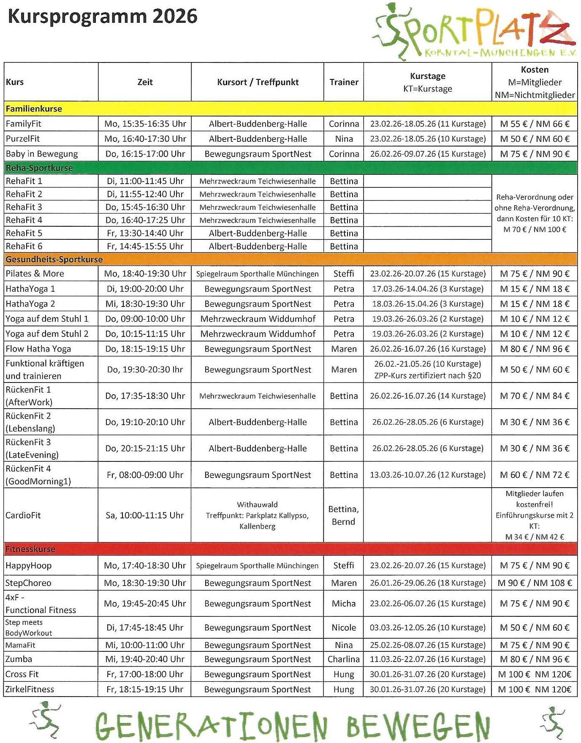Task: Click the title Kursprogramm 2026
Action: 103,17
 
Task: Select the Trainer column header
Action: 344,82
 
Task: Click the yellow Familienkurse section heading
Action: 34,109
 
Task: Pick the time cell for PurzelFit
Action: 145,139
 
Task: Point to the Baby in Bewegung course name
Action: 42,154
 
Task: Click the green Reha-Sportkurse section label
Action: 39,168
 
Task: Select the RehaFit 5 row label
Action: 24,233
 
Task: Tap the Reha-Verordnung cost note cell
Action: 535,213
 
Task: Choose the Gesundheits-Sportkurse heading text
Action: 54,259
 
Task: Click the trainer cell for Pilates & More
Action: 344,274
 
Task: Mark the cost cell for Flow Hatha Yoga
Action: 535,349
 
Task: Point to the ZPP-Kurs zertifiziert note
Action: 427,376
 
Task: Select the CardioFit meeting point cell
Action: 257,515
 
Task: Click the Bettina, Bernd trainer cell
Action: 344,515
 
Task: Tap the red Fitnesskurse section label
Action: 30,549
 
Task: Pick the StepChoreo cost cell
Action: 535,583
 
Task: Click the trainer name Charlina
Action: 344,659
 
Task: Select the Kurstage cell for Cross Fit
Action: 427,675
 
